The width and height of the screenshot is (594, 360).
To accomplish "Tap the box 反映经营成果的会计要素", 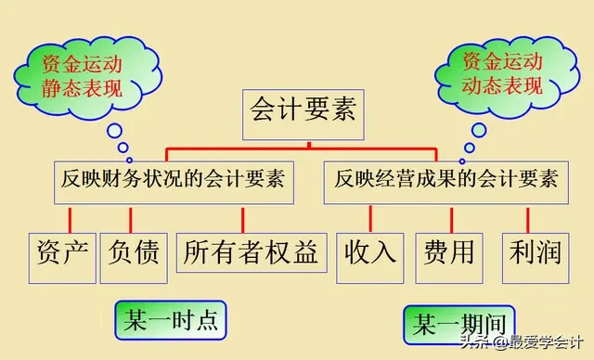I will (x=446, y=179).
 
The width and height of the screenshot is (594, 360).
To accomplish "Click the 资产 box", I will (x=62, y=251).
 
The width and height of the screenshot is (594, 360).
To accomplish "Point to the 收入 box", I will (x=370, y=251).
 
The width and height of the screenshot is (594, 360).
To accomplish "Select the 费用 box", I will (x=449, y=251).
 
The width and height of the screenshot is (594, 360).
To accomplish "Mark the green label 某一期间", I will (x=459, y=326).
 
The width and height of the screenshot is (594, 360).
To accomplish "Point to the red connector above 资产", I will (x=62, y=218).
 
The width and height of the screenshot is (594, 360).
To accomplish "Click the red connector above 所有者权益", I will (x=243, y=218).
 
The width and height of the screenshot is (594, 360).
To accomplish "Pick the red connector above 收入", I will (x=370, y=218).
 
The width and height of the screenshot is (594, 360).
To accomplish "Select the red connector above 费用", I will (x=452, y=218).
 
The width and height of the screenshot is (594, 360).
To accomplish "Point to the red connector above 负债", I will (x=131, y=218).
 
